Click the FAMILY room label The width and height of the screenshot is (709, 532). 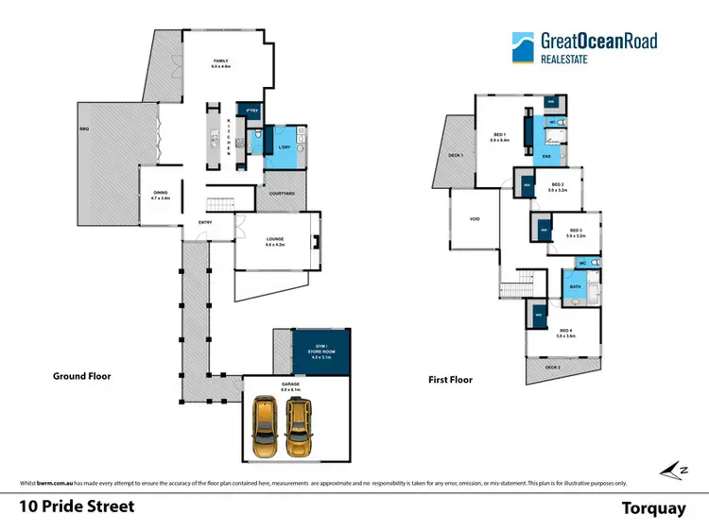pos(221,63)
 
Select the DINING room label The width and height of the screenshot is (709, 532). pos(159,196)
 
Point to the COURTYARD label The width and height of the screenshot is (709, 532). pos(282,194)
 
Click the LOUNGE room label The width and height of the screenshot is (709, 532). pos(275,241)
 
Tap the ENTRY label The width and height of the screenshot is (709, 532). pos(204,223)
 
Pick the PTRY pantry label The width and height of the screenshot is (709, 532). pos(251,111)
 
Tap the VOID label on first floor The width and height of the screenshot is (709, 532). pos(475,219)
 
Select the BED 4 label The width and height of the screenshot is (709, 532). pos(565,332)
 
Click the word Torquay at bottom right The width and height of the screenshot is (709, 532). pos(652,507)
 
